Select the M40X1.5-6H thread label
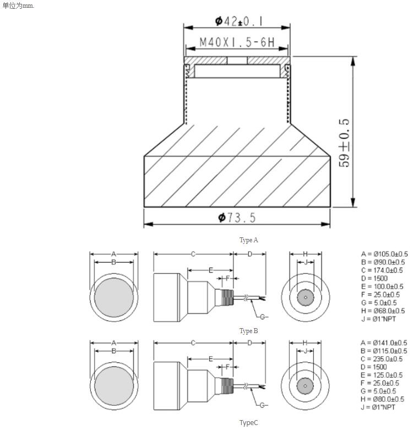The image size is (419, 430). [236, 42]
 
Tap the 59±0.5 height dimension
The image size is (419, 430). [345, 143]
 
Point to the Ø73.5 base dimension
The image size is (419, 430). [237, 218]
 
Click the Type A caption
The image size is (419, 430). [249, 240]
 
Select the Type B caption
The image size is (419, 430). [249, 331]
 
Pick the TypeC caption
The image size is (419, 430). [248, 422]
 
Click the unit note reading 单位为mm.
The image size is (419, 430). [19, 6]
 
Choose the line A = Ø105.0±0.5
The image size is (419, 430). [383, 254]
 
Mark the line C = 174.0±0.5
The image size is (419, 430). [382, 270]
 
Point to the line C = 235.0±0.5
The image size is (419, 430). [382, 359]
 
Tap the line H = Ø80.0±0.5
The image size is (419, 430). [383, 399]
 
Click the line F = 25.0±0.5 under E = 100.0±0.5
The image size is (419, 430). [380, 295]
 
